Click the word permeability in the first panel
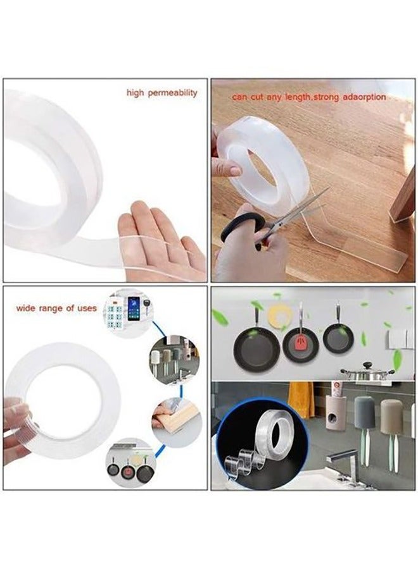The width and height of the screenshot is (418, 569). point(173,93)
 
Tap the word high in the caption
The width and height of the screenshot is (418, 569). point(135,92)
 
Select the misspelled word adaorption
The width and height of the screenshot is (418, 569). point(365,97)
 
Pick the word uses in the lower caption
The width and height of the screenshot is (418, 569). point(87,308)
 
